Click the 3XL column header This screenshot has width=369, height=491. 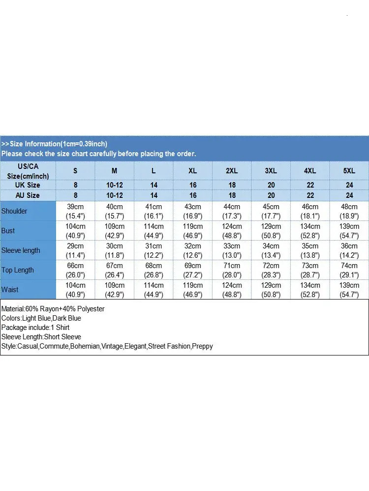(x=271, y=171)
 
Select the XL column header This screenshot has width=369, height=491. (x=192, y=171)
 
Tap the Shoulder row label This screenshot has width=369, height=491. (x=14, y=211)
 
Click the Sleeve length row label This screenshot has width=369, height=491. (x=21, y=250)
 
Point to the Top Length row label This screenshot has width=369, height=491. (x=18, y=270)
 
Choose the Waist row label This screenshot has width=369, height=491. (x=10, y=290)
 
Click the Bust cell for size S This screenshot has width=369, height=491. (x=75, y=231)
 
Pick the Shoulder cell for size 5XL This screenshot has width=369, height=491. (x=349, y=211)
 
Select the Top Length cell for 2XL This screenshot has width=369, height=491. (x=232, y=270)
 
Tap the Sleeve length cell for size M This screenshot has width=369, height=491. (x=114, y=250)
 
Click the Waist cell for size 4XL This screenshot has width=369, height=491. (x=310, y=290)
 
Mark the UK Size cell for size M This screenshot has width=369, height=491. (x=114, y=185)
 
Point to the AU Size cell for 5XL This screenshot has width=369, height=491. (x=349, y=195)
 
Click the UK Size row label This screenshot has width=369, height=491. (x=28, y=185)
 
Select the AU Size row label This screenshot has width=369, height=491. (x=28, y=195)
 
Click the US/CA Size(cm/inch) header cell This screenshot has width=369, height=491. (x=28, y=171)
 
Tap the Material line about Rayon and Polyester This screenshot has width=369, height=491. (x=53, y=309)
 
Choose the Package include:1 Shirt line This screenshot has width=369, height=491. (x=35, y=327)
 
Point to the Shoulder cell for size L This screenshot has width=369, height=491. (x=154, y=211)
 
